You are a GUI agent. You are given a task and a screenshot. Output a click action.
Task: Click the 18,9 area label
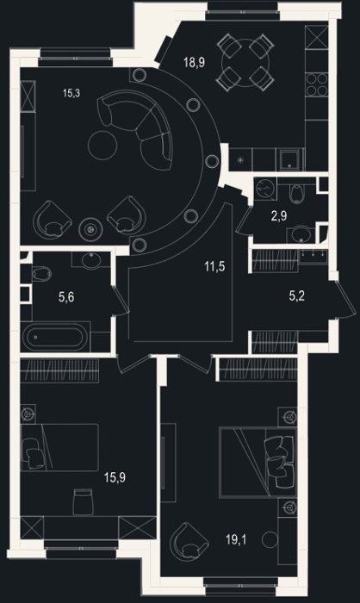[194, 62]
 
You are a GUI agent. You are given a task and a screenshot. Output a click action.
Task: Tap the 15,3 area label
[71, 93]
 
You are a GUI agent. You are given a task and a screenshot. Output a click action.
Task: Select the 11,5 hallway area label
[215, 266]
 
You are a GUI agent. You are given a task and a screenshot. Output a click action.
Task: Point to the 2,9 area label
[279, 215]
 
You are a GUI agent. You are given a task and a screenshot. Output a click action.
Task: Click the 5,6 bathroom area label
[66, 297]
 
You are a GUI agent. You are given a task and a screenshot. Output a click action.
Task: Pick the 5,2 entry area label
[297, 295]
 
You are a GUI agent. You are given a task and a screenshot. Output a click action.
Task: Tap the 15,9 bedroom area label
[115, 477]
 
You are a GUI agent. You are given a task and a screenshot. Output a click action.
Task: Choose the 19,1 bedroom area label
[236, 540]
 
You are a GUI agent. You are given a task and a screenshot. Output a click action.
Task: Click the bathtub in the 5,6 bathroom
[56, 338]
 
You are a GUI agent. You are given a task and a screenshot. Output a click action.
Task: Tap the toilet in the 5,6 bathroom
[41, 274]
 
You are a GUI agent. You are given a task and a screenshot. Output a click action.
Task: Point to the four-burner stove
[317, 84]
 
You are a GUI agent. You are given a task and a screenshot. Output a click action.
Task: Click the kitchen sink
[291, 159]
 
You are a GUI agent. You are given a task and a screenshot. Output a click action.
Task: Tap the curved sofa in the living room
[137, 127]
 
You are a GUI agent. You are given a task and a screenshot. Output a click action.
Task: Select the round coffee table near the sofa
[102, 145]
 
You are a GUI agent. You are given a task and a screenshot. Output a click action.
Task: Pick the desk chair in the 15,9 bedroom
[83, 501]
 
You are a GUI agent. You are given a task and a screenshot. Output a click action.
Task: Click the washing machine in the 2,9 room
[265, 189]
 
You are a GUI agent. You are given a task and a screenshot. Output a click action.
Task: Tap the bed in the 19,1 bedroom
[258, 463]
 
